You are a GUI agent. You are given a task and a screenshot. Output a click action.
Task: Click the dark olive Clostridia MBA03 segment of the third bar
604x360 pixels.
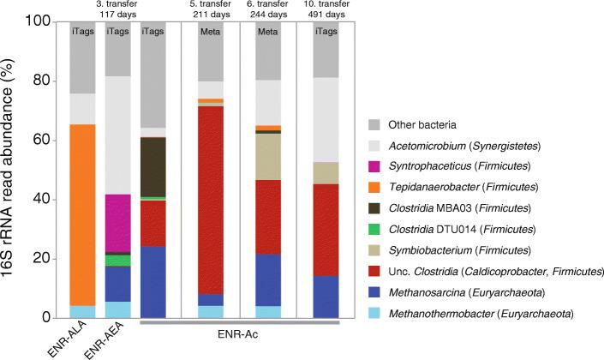click(153, 167)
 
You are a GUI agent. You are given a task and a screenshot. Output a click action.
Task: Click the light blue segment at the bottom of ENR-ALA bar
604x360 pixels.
click(83, 311)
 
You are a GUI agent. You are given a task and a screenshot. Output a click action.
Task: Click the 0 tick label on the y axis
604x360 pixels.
click(54, 318)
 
